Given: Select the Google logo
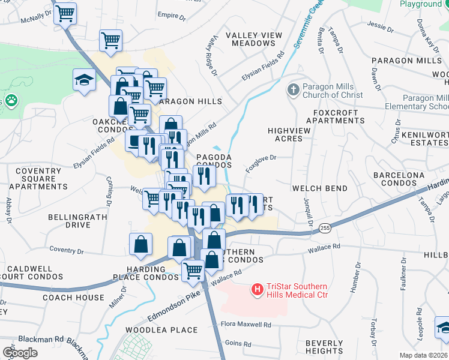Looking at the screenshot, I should (x=20, y=353).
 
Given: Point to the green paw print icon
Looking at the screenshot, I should (x=10, y=100).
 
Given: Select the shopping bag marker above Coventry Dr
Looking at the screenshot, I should (x=140, y=244).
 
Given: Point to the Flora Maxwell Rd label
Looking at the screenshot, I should (x=246, y=325).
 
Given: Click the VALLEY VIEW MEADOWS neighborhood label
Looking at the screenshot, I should (x=254, y=40).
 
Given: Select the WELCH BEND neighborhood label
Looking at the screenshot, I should (x=319, y=188).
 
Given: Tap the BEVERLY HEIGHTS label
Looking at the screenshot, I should (x=324, y=347).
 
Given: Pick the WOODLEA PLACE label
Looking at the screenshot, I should (x=161, y=330).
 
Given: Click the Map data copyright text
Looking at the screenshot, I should (x=424, y=355).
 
